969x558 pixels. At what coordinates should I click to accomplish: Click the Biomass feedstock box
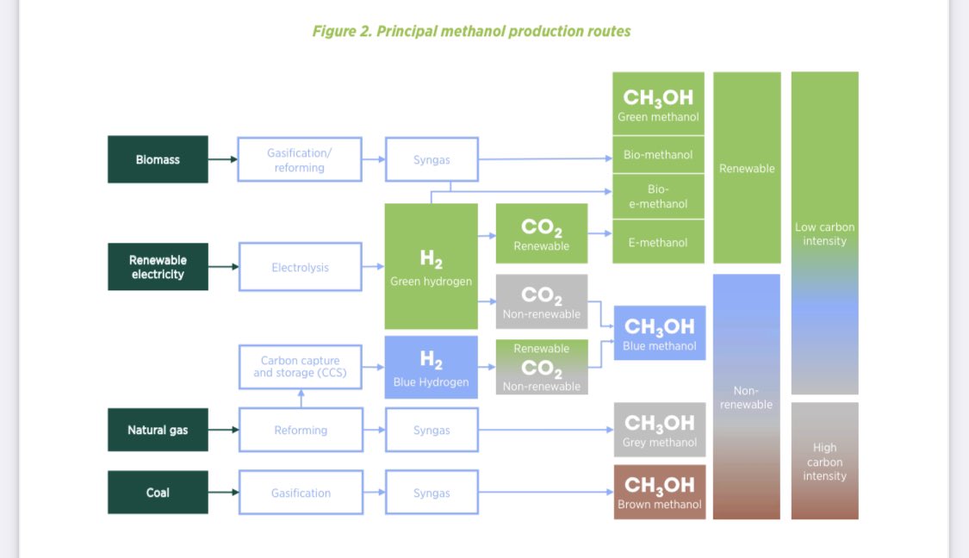(158, 159)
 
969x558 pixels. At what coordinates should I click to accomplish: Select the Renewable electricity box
(158, 267)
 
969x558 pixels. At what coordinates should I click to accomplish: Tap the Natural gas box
(158, 430)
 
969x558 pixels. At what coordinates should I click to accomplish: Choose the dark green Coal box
(158, 493)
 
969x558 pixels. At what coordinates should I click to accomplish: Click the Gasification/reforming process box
(300, 159)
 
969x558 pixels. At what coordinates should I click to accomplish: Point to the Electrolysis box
(300, 267)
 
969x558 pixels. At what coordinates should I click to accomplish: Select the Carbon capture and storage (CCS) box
(300, 367)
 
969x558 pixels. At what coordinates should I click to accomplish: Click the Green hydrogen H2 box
(431, 266)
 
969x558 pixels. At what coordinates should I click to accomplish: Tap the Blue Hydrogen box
(431, 367)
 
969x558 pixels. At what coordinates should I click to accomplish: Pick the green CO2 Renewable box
(542, 233)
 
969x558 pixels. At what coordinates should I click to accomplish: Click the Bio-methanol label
(658, 155)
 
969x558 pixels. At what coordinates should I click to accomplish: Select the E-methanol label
(658, 242)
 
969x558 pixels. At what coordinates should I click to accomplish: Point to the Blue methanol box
(660, 333)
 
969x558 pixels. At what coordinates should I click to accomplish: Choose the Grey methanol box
(660, 429)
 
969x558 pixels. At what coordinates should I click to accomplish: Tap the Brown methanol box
(660, 492)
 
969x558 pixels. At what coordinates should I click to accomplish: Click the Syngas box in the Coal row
(432, 493)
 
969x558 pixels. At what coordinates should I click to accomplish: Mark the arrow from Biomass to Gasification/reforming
(223, 159)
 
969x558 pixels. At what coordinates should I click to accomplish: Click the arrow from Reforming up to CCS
(301, 399)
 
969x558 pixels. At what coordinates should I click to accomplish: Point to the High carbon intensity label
(824, 462)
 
